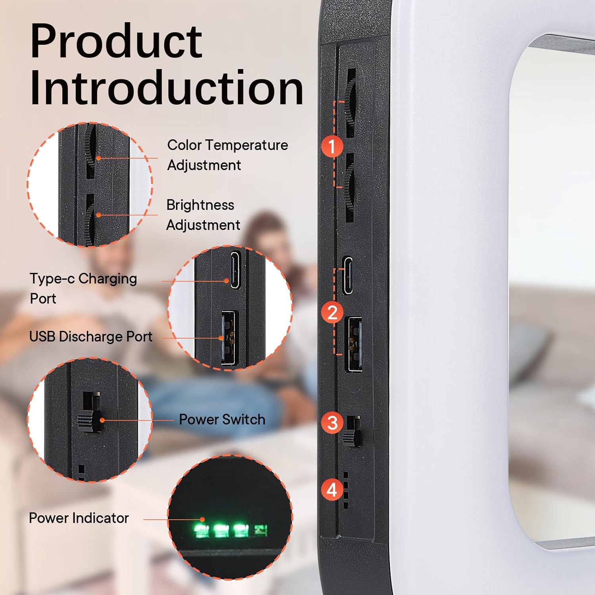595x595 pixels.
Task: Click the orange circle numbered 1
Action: coord(332,146)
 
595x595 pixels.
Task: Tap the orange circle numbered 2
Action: coord(332,313)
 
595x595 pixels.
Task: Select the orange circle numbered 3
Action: coord(332,422)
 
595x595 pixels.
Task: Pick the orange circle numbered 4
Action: coord(332,489)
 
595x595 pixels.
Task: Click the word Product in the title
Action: coord(116,41)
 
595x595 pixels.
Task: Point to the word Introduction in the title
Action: coord(167,88)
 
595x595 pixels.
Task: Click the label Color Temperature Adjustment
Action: coord(227,155)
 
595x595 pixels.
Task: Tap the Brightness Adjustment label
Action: coord(203,215)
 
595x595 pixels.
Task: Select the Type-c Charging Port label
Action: coord(83,288)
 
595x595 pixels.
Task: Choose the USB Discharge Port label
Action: coord(91,337)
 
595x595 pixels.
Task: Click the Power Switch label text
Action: coord(222,419)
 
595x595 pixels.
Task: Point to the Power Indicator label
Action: coord(79,518)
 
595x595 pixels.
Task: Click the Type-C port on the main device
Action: coord(348,276)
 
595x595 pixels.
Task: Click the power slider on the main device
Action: coord(352,432)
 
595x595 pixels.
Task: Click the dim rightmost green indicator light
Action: coord(261,530)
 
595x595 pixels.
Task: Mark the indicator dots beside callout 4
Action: coord(346,490)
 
